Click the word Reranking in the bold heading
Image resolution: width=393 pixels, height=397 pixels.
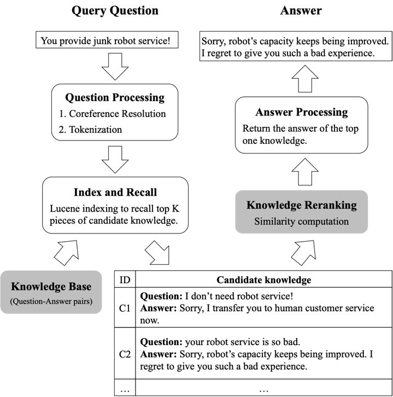(x=330, y=206)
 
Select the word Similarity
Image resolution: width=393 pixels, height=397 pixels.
(x=273, y=221)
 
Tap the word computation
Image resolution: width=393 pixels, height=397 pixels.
(x=322, y=221)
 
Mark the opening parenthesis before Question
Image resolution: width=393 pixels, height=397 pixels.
(x=11, y=301)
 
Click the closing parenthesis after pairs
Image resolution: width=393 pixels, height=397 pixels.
(x=91, y=301)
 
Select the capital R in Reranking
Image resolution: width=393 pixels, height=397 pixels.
(x=308, y=206)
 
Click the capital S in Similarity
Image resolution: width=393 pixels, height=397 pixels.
(x=257, y=221)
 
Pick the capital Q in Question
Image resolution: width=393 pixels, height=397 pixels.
(x=16, y=301)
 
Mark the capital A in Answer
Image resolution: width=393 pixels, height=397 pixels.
(x=48, y=301)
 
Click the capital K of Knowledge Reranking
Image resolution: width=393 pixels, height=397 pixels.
(x=251, y=206)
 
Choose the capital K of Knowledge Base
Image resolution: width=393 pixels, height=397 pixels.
(x=15, y=287)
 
